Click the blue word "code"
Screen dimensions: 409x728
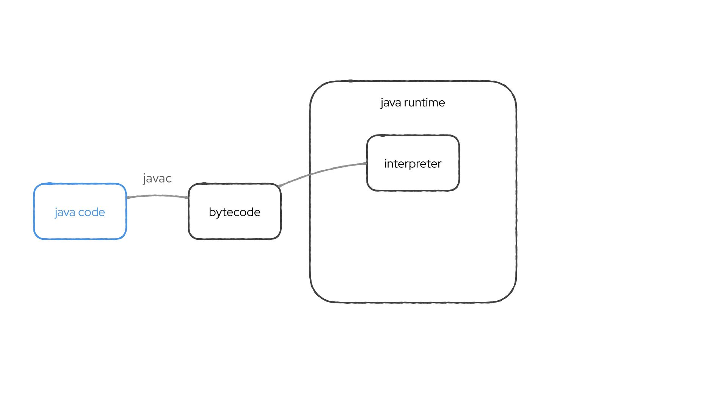(91, 212)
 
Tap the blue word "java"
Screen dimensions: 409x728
(65, 212)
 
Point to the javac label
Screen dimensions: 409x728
(157, 178)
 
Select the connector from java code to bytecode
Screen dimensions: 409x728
(157, 195)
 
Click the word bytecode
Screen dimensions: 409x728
(234, 212)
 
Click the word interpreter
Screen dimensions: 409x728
(413, 164)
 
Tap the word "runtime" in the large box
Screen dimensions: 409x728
(424, 103)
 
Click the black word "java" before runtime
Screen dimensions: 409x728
(391, 103)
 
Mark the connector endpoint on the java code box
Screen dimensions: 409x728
(128, 198)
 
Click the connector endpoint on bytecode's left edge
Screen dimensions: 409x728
(188, 198)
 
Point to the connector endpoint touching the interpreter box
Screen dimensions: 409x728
(366, 164)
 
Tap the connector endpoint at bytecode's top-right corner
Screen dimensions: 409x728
(280, 186)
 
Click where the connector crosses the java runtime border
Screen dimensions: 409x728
(310, 175)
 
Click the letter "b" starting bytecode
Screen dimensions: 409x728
(212, 212)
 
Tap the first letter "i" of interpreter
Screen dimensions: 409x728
(386, 163)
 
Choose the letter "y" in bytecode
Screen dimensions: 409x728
(219, 213)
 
